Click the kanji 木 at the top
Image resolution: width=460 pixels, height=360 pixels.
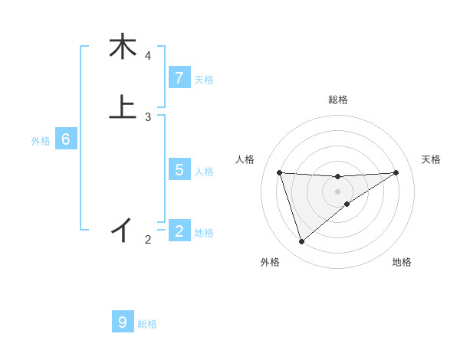pyautogui.click(x=123, y=47)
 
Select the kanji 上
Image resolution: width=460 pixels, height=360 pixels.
pyautogui.click(x=123, y=106)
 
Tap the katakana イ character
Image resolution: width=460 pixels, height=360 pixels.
pyautogui.click(x=123, y=228)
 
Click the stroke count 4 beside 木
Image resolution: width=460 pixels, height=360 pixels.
pyautogui.click(x=148, y=56)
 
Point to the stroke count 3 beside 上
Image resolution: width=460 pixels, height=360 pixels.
pyautogui.click(x=148, y=116)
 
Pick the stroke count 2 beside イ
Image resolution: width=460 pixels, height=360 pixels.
pyautogui.click(x=148, y=240)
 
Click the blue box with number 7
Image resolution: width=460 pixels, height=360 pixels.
pyautogui.click(x=179, y=78)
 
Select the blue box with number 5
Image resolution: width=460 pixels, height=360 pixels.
pyautogui.click(x=179, y=170)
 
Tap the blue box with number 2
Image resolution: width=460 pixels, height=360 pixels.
pyautogui.click(x=179, y=231)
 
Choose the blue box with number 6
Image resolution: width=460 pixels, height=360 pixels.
pyautogui.click(x=66, y=140)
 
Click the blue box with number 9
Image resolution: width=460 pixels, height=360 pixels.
pyautogui.click(x=123, y=322)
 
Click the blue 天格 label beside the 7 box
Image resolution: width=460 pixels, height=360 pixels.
pyautogui.click(x=204, y=79)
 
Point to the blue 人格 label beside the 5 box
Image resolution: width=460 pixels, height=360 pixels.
pyautogui.click(x=204, y=171)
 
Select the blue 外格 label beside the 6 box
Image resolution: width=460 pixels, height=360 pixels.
pyautogui.click(x=41, y=141)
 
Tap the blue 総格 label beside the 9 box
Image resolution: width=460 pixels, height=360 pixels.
pyautogui.click(x=147, y=324)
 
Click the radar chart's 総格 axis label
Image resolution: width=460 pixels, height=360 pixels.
pyautogui.click(x=337, y=100)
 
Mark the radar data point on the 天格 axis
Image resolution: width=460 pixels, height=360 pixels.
pyautogui.click(x=396, y=172)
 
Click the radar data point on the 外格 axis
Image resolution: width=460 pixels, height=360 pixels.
pyautogui.click(x=301, y=242)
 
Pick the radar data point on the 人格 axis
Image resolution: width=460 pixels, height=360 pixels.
pyautogui.click(x=280, y=172)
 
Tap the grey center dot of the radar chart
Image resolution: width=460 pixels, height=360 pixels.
pyautogui.click(x=337, y=191)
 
